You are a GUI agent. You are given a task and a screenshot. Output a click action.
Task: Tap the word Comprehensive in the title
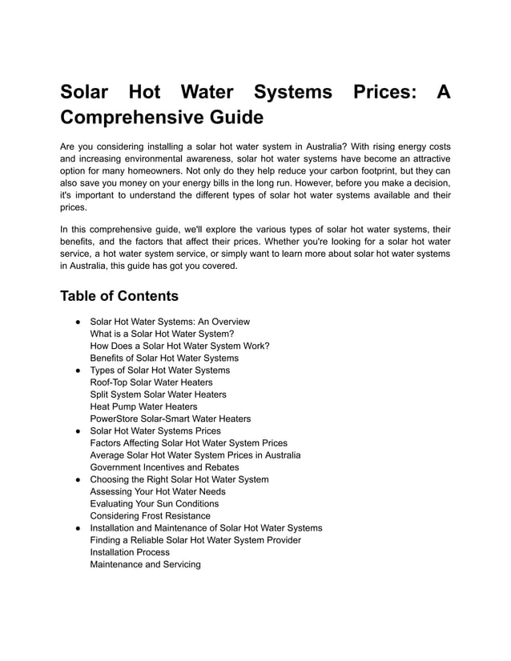[x=128, y=118]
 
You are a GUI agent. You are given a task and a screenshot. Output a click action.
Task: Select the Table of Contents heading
[x=119, y=296]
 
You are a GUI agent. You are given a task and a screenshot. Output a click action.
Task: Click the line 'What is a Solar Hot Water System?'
[x=163, y=334]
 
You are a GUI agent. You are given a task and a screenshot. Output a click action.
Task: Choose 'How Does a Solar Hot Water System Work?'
[x=179, y=346]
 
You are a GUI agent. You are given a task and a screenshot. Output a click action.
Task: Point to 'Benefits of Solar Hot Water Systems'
[x=164, y=358]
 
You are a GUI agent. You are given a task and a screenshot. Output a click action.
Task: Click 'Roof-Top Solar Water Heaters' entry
[x=151, y=383]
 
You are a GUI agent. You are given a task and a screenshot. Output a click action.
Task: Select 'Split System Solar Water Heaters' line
[x=158, y=395]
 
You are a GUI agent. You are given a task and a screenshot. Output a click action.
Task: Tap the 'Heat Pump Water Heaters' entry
[x=143, y=407]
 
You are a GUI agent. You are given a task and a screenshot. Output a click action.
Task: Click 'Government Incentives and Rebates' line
[x=164, y=467]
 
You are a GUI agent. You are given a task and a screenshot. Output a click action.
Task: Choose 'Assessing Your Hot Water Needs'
[x=158, y=491]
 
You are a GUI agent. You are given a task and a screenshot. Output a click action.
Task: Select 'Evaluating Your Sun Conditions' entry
[x=155, y=503]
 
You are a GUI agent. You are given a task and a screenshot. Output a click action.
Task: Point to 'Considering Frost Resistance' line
[x=151, y=515]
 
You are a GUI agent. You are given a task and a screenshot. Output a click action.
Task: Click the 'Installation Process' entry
[x=130, y=552]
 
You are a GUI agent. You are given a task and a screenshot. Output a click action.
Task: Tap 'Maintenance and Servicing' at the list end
[x=146, y=564]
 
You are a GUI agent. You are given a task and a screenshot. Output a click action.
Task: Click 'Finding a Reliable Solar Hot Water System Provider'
[x=195, y=540]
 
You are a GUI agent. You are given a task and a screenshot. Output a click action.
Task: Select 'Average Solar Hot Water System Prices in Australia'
[x=195, y=455]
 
